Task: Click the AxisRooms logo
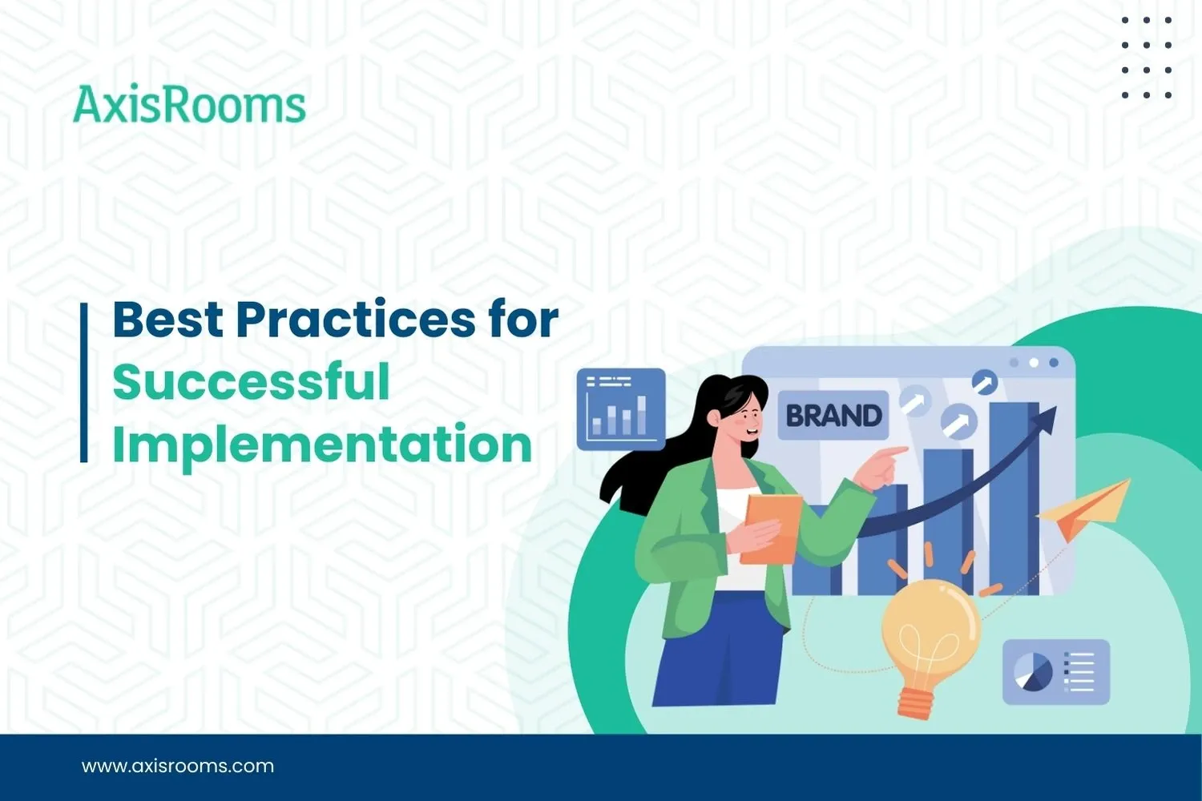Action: tap(189, 106)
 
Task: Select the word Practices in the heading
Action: tap(355, 320)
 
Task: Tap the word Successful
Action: tap(251, 382)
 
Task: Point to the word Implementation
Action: tap(322, 445)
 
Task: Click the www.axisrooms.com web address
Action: tap(178, 767)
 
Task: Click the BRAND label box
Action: tap(833, 416)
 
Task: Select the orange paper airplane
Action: tap(1086, 509)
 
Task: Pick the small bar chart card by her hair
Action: tap(621, 409)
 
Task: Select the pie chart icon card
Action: tap(1055, 671)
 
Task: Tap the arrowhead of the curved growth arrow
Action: tap(1045, 417)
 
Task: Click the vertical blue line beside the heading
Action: tap(83, 382)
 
